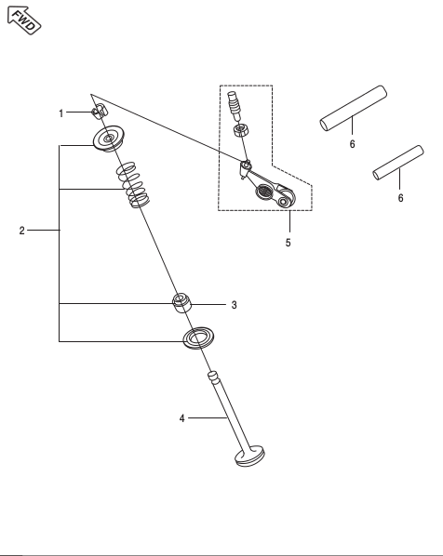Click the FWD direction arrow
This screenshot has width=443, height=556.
[24, 20]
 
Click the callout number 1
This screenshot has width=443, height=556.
[61, 113]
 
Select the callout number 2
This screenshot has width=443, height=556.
[22, 231]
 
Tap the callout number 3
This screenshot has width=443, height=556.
[234, 305]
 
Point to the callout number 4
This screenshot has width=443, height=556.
[181, 418]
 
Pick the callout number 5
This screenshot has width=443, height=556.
[288, 243]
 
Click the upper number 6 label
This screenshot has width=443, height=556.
[352, 144]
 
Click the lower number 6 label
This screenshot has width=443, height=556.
[400, 198]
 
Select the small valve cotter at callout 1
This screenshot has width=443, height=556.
[100, 111]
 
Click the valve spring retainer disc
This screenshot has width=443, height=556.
[109, 139]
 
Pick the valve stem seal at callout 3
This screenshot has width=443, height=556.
[181, 303]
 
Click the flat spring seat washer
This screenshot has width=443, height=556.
[199, 338]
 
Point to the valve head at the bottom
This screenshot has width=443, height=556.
[250, 457]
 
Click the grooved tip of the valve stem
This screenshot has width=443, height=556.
[213, 377]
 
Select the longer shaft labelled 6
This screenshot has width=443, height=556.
[354, 108]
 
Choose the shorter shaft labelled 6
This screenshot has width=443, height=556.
[398, 163]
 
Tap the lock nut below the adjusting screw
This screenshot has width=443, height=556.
[241, 130]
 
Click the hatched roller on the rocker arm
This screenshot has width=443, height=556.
[264, 192]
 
